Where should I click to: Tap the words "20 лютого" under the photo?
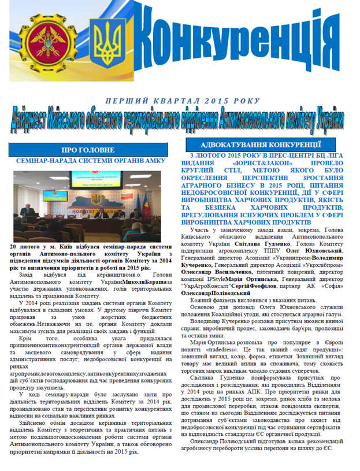click(x=27, y=247)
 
